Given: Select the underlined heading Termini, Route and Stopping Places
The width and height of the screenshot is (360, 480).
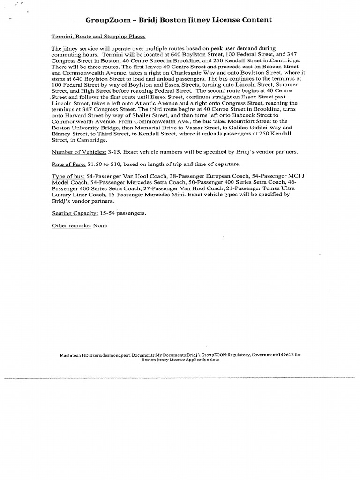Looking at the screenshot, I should pyautogui.click(x=98, y=36).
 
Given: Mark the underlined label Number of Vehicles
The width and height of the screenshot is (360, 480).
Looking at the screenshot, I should pyautogui.click(x=78, y=152).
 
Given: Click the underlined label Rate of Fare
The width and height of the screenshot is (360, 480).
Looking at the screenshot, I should pyautogui.click(x=67, y=164).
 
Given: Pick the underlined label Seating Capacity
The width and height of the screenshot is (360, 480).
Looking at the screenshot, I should pyautogui.click(x=73, y=213).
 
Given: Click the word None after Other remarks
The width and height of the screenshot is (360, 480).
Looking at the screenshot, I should pyautogui.click(x=100, y=225).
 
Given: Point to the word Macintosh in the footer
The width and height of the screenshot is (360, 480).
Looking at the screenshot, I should pyautogui.click(x=70, y=355).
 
